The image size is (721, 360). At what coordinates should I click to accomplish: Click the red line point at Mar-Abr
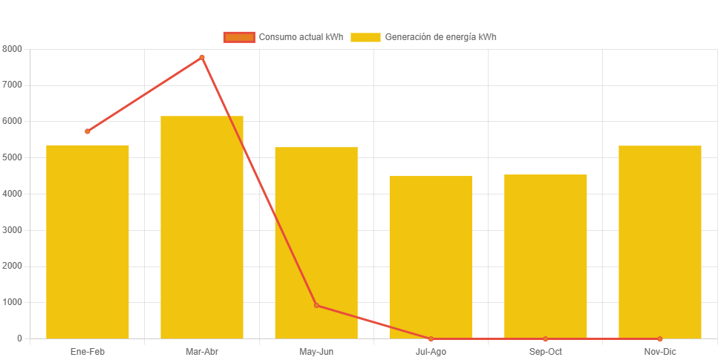pos(202,57)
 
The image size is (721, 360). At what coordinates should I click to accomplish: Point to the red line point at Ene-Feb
pos(88,131)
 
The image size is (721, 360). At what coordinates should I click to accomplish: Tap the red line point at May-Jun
pos(316,305)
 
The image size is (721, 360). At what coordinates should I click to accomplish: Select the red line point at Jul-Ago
pos(431,338)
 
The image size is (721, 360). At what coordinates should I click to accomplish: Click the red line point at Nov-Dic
pos(659,338)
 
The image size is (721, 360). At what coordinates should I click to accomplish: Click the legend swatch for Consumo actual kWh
pos(239,37)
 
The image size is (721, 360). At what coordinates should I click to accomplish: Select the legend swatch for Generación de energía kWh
pos(365,37)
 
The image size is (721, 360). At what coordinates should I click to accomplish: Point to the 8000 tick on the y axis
pos(13,49)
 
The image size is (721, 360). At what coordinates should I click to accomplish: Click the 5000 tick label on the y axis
pos(13,157)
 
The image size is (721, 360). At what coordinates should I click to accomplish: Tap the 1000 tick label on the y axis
pos(13,302)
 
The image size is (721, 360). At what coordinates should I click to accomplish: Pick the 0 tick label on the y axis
pos(19,338)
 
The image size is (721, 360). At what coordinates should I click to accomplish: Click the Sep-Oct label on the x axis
pos(545,351)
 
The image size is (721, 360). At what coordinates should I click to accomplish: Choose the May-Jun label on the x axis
pos(316,351)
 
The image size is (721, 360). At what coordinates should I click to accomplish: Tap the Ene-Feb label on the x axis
pos(88,351)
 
